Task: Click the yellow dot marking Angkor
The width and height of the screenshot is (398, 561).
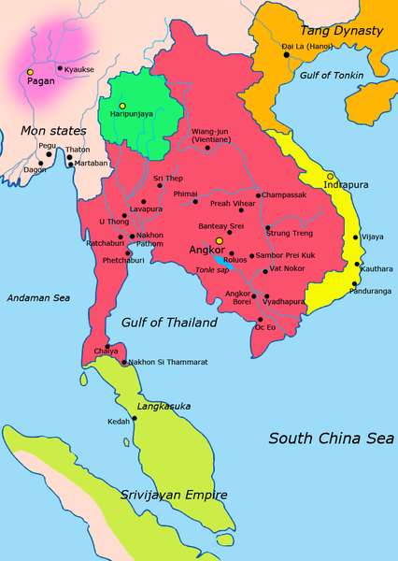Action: [x=220, y=240]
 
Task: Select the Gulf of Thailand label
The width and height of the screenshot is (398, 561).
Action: [x=169, y=323]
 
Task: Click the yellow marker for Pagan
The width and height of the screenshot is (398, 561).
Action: [x=30, y=72]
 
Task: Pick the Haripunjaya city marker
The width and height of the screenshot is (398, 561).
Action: [x=121, y=106]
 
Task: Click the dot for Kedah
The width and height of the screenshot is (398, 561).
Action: [x=135, y=419]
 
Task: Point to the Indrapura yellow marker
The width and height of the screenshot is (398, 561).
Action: [x=330, y=175]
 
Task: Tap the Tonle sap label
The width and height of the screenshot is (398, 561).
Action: [x=212, y=268]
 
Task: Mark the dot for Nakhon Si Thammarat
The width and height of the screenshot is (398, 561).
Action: [x=121, y=361]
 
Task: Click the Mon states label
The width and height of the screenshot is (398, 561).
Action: [x=46, y=131]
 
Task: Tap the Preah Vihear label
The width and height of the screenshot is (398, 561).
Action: [x=233, y=203]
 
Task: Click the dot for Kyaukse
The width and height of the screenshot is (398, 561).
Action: [x=60, y=68]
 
